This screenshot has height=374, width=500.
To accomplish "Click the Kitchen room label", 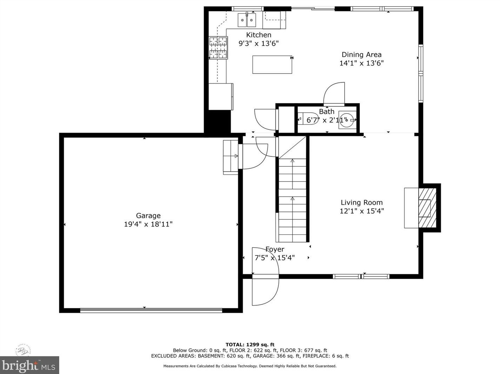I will [258, 35].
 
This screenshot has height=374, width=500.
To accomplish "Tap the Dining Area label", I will [362, 54].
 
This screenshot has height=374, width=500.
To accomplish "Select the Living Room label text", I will [362, 202].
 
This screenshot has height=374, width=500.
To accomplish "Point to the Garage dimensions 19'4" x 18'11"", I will [148, 224].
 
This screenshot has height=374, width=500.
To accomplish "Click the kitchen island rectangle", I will [272, 65].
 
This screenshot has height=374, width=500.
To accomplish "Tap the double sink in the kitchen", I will [247, 20].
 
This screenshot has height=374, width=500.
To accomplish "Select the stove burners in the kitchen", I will [218, 48].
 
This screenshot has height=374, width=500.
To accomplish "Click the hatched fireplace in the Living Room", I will [427, 208].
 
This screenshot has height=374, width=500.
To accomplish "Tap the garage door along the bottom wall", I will [151, 310].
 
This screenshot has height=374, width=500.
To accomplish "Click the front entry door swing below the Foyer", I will [265, 291].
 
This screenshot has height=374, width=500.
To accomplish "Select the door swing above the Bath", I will [334, 94].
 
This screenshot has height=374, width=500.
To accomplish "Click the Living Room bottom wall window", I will [361, 276].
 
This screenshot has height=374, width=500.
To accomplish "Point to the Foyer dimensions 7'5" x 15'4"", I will [275, 258].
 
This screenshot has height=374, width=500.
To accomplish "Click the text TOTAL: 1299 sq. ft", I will [250, 345].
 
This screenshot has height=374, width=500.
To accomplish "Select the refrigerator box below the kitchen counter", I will [221, 96].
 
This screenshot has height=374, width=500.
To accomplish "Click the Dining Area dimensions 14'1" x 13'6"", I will [362, 63].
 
